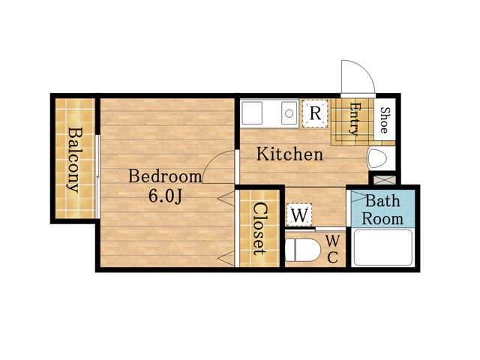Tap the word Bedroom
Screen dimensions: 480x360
tap(165, 176)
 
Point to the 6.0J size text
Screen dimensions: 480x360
tap(165, 196)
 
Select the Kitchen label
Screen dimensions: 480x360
tap(289, 154)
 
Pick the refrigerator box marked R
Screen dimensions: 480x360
tap(315, 113)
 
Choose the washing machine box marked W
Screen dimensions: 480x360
tap(299, 215)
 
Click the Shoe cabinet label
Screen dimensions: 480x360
tap(385, 120)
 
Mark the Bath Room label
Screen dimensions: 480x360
tap(382, 210)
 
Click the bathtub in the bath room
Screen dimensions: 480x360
tap(382, 247)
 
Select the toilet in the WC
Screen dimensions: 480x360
tap(302, 250)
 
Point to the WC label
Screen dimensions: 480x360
tap(332, 249)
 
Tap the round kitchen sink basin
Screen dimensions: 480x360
tap(289, 113)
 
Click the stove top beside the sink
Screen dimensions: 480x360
tap(252, 113)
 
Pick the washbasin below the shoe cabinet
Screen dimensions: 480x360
tap(377, 158)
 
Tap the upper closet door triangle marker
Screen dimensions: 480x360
tap(226, 199)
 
